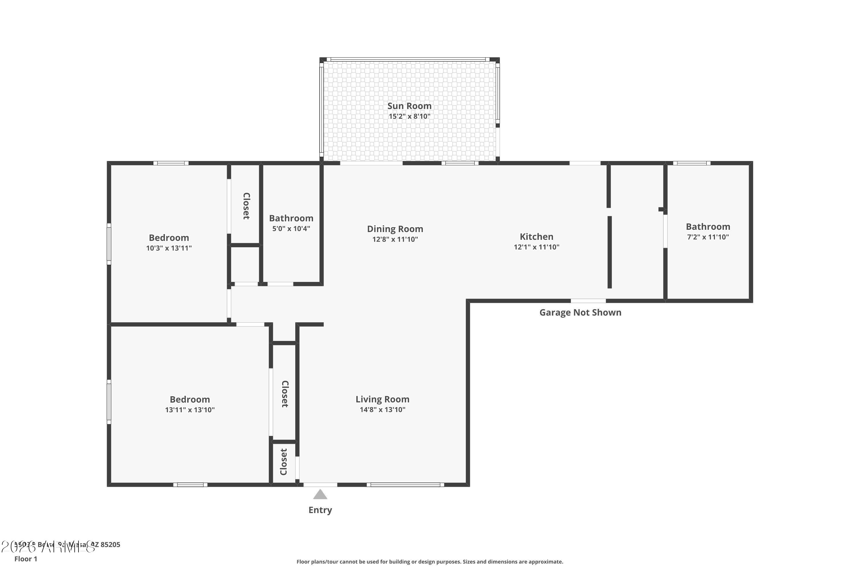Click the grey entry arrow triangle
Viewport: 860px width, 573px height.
coord(320,494)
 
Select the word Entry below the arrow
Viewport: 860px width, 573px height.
coord(320,510)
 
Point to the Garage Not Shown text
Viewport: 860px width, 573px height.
coord(580,313)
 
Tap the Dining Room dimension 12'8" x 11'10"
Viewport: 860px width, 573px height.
coord(395,239)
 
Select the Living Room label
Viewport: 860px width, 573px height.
coord(382,399)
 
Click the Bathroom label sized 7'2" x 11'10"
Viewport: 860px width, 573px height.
coord(707,227)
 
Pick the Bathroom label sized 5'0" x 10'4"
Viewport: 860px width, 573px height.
coord(291,218)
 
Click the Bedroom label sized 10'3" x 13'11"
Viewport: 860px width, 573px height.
coord(169,238)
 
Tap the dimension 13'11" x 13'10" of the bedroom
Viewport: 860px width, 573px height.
coord(189,410)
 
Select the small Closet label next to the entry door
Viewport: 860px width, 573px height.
coord(284,462)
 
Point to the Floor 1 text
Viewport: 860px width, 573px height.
coord(26,559)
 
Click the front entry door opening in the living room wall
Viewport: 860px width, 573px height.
coord(320,484)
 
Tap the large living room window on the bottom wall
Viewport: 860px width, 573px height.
coord(405,484)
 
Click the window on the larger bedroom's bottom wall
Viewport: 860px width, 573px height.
coord(190,484)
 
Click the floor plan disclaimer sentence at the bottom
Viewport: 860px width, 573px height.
coord(430,562)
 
